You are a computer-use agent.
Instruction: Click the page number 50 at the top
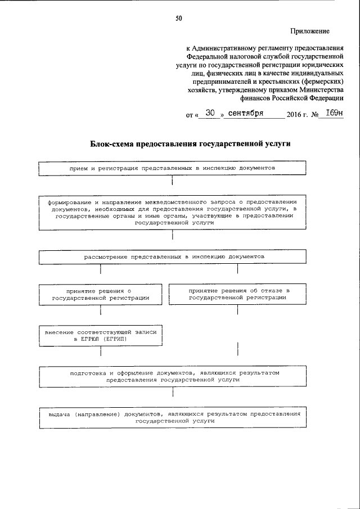pos(178,19)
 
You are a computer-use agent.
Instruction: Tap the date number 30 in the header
pos(210,112)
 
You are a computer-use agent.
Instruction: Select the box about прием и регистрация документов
pos(172,168)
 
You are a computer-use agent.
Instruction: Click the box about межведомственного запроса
pos(172,211)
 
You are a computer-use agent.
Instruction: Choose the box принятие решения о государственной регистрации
pos(101,294)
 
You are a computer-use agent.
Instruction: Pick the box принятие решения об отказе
pos(237,294)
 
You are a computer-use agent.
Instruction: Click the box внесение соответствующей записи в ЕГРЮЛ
pos(101,336)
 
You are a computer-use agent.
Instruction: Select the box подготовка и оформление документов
pos(172,376)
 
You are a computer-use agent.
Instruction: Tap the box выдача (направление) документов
pos(172,417)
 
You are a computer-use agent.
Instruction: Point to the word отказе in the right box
pos(272,290)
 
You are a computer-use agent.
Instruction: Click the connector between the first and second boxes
pos(172,182)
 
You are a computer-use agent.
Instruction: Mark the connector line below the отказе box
pos(237,310)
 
